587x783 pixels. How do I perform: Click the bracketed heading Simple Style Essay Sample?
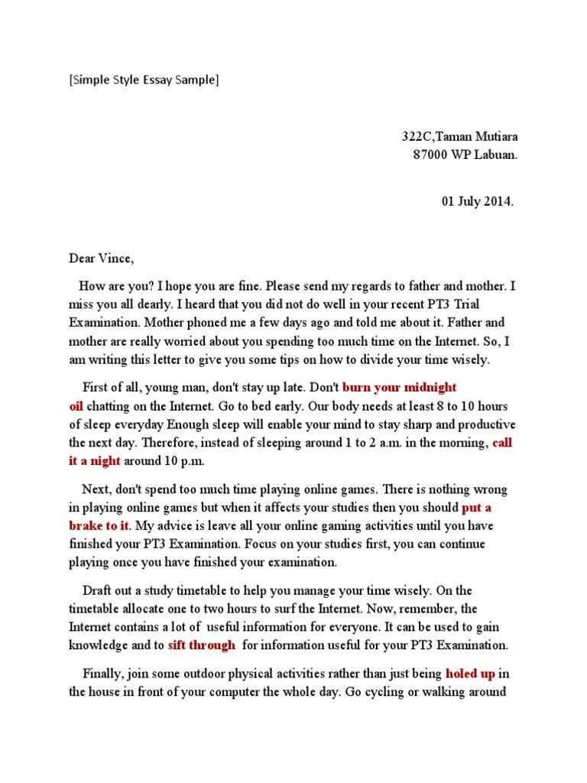143,80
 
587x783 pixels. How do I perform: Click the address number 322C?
417,137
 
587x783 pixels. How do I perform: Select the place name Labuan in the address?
496,154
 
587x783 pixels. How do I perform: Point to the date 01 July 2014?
478,202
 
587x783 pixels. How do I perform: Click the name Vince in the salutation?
116,258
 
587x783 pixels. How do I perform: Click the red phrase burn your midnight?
399,388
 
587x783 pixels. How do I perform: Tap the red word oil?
77,405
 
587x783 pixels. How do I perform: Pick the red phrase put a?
477,507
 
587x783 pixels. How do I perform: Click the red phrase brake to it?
99,525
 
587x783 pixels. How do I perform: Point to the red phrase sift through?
201,645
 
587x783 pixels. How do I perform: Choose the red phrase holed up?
471,674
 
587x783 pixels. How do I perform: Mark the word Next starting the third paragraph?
95,489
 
